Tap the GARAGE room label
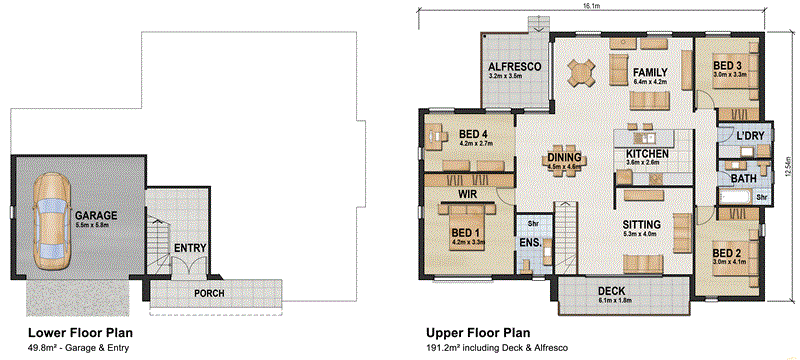point(96,215)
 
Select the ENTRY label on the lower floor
point(190,248)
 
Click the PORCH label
point(209,293)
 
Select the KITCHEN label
point(647,153)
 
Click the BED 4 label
point(472,134)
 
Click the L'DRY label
point(749,135)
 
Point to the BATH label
point(743,178)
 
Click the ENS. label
point(529,242)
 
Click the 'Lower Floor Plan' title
point(81,331)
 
